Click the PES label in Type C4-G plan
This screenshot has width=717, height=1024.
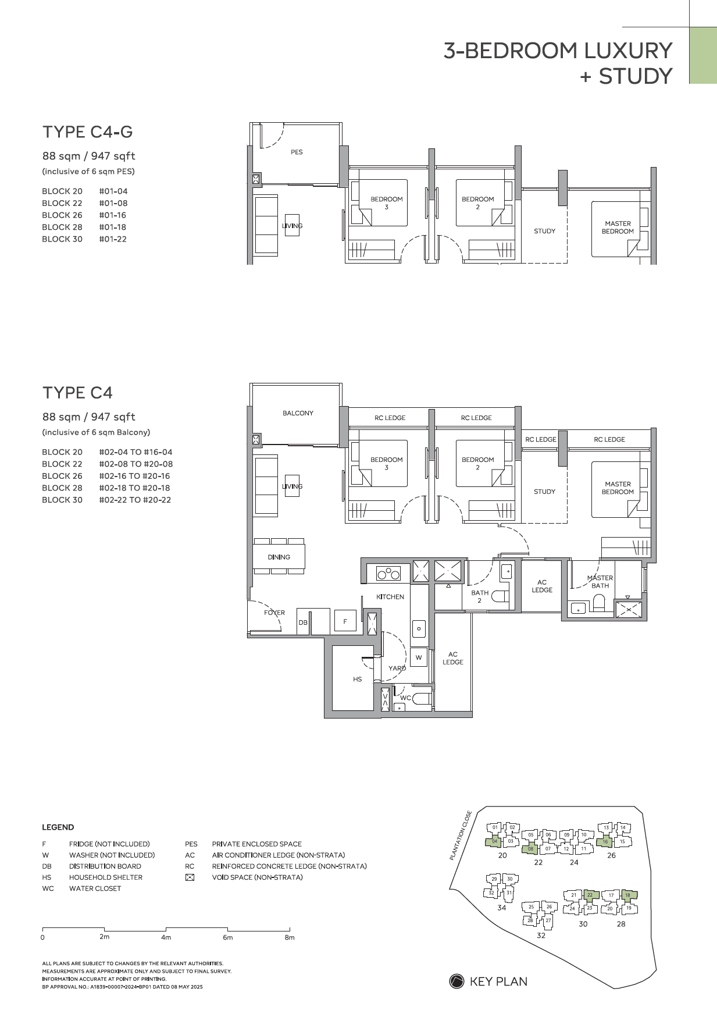297,152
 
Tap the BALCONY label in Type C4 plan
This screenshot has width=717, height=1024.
298,413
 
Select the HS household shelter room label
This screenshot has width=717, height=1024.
357,680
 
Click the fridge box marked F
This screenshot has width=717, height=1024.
345,621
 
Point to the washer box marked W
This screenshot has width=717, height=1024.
419,657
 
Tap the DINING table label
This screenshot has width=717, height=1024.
279,557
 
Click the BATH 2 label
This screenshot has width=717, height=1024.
480,596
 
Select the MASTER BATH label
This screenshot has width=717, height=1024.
600,582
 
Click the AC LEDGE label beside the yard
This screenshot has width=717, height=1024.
453,658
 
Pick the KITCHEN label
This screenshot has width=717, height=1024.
390,597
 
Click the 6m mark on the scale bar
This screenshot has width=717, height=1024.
228,937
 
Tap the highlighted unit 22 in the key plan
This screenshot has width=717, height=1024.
590,895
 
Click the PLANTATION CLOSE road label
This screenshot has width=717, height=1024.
461,835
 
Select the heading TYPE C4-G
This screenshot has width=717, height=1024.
88,132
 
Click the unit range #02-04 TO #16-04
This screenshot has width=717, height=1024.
135,452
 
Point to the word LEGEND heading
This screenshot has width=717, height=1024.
58,827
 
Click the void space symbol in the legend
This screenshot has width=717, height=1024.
190,877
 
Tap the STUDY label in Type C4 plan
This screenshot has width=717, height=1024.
544,492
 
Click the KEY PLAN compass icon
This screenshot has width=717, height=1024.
456,982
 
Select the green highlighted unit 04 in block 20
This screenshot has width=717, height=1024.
494,841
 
